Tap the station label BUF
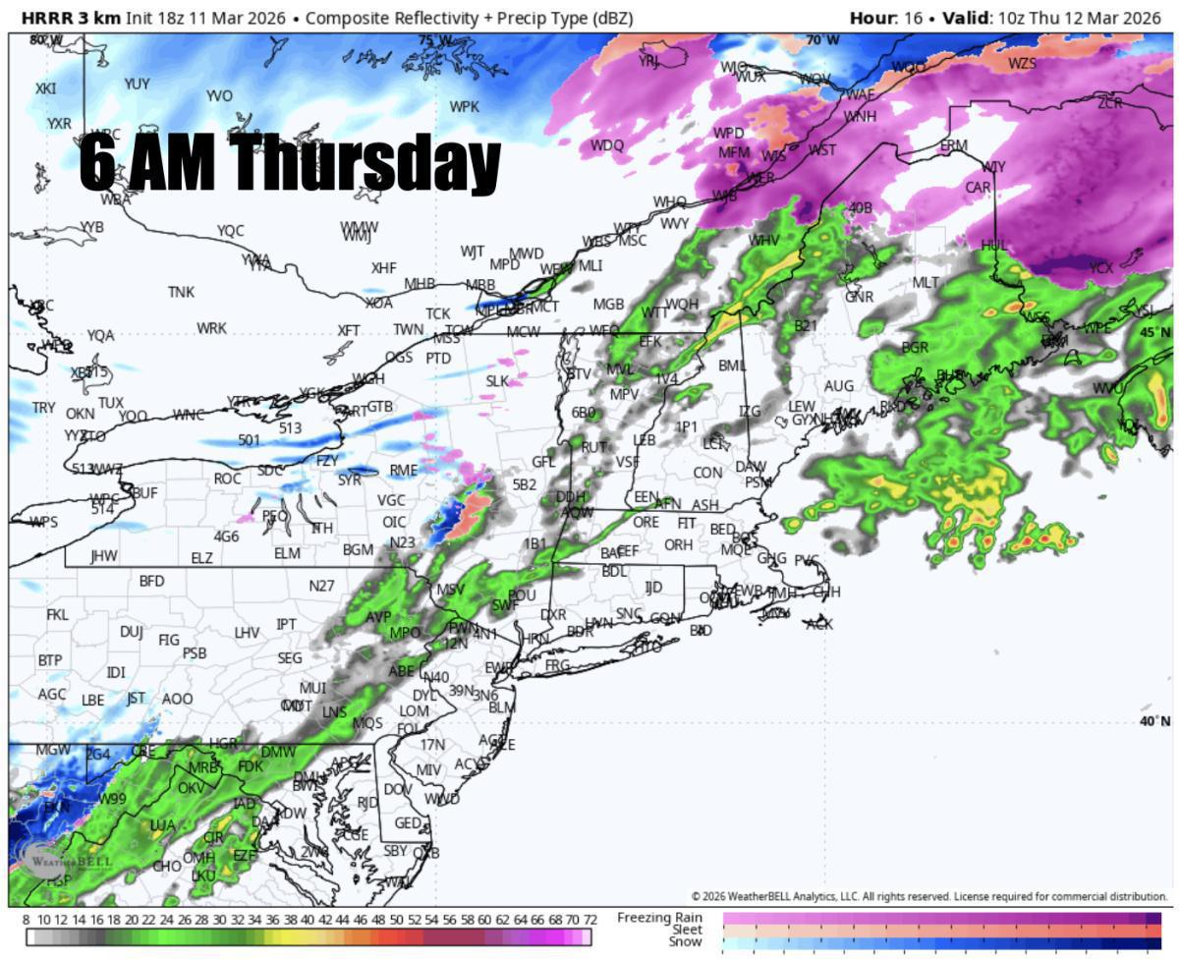click(144, 491)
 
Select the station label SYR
click(349, 480)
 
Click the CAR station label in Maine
click(978, 187)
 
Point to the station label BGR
click(915, 347)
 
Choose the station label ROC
click(227, 479)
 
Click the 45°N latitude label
click(1156, 332)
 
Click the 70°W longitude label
click(823, 40)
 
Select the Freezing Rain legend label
click(660, 917)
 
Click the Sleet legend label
click(687, 929)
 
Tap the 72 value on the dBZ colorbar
click(589, 919)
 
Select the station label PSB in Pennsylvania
click(195, 652)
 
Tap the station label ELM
click(287, 553)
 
